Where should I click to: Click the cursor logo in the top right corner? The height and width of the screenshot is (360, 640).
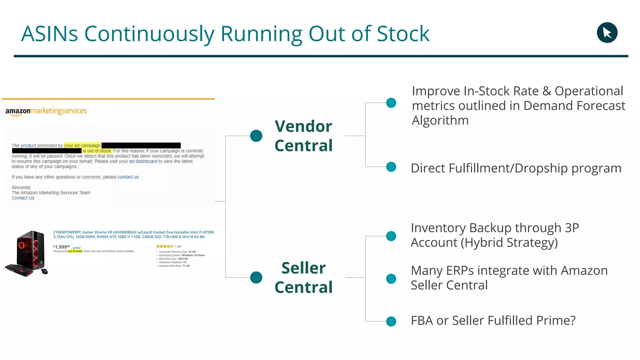coord(607,32)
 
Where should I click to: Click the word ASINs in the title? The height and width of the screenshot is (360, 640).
coord(49,34)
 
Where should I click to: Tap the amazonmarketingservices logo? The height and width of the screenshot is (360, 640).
coord(46,111)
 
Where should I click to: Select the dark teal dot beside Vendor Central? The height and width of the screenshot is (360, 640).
coord(256,136)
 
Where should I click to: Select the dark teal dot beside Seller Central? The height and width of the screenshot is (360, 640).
coord(256,277)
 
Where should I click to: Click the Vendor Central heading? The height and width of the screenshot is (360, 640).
coord(303,136)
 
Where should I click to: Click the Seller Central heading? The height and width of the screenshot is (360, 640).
coord(303,277)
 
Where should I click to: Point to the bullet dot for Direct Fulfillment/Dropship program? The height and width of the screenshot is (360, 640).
coord(391,167)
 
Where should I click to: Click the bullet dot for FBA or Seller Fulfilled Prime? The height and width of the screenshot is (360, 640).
coord(391,321)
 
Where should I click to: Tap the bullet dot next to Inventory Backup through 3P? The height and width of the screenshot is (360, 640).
coord(391,236)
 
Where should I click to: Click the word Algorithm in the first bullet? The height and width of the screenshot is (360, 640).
coord(440,121)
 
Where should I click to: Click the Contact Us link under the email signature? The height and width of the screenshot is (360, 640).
coord(23,198)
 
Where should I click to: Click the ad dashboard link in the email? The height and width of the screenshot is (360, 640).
coord(143,161)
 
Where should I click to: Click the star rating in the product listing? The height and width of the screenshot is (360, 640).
coord(164,246)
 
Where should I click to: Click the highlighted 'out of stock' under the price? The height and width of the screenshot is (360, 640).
coord(75,251)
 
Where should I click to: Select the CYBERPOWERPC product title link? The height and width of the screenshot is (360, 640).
coord(133,234)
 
